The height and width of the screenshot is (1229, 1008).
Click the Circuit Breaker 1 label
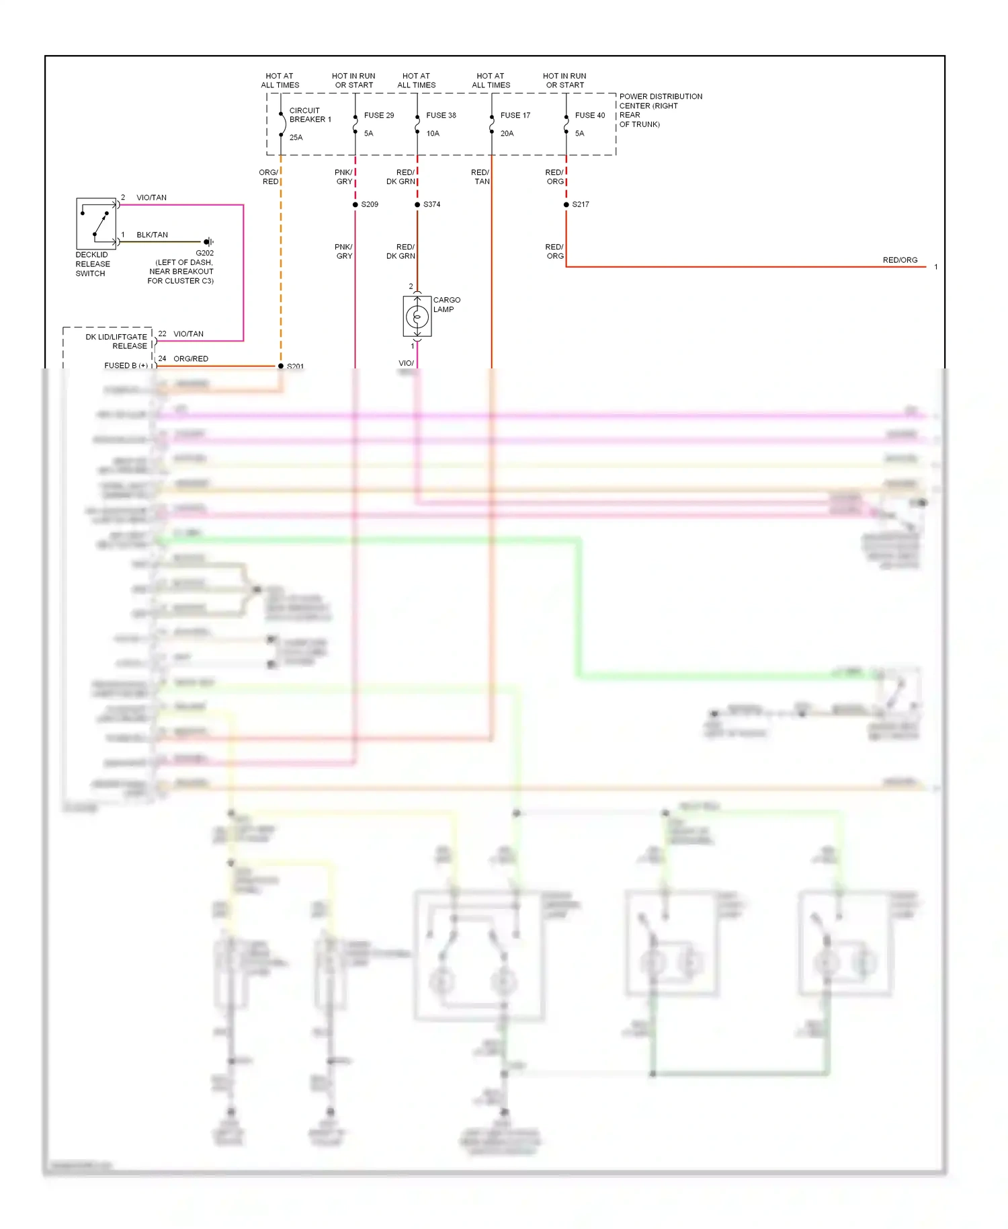coord(310,115)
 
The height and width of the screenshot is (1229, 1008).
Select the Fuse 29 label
coord(378,115)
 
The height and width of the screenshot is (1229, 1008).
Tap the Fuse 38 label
coord(441,115)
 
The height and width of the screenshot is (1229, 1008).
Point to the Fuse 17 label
coord(515,115)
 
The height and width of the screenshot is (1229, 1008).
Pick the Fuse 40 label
coord(589,115)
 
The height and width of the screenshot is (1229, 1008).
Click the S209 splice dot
coord(355,204)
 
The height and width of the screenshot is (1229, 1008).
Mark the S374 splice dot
coord(417,204)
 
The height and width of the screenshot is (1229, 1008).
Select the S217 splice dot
coord(566,204)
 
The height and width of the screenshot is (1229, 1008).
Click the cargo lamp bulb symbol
coord(417,316)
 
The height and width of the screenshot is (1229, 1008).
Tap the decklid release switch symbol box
coord(96,223)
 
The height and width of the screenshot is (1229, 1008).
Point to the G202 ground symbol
coord(208,241)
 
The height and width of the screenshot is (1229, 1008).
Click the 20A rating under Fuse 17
coord(507,133)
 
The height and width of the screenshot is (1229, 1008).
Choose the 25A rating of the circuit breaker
coord(296,137)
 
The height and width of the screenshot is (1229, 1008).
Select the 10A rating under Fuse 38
coord(433,133)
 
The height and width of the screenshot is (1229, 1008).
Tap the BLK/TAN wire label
coord(152,235)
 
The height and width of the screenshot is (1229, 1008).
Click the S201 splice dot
coord(281,366)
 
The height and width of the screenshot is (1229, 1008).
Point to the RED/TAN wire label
coord(480,177)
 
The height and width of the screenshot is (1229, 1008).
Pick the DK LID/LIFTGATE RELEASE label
coord(117,341)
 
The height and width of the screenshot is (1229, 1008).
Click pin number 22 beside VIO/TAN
coord(162,333)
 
